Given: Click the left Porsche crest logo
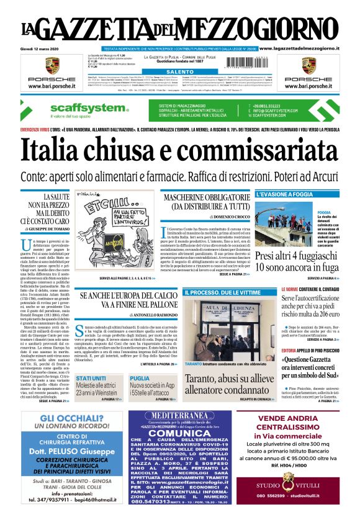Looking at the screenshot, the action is pos(52,66).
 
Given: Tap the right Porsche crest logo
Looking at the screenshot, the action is pos(308,66).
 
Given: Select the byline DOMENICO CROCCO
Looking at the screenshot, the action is pos(218,216).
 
